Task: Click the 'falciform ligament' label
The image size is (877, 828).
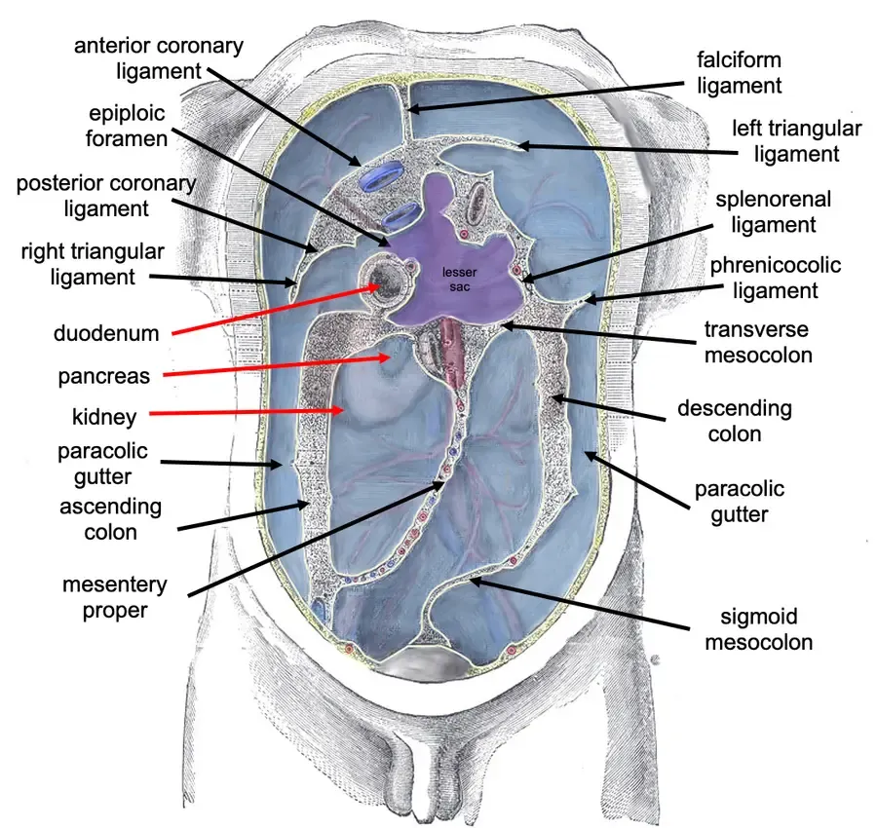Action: pos(739,73)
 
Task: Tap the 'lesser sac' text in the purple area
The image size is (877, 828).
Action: pos(459,279)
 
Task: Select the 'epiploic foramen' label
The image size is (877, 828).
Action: pos(127,126)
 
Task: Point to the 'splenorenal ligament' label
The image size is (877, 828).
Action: pos(774,211)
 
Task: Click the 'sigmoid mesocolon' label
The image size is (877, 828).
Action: pos(758,629)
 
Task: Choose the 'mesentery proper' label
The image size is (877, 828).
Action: pos(115,597)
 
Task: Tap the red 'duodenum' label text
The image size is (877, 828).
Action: pos(106,333)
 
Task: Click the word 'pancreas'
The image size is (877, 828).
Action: pos(104,376)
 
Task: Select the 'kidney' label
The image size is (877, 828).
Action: pos(104,417)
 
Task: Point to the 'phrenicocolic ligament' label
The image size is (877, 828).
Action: pos(776,278)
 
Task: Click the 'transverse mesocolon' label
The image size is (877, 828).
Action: pos(758,342)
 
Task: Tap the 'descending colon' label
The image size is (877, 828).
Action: pos(735,421)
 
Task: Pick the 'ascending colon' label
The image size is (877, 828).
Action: pos(111,519)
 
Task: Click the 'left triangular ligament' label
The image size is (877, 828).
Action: pos(796,141)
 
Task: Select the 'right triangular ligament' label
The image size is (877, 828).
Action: pos(93,264)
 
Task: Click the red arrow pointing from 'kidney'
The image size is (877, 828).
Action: pos(247,412)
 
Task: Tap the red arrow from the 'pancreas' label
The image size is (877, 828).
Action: pos(277,365)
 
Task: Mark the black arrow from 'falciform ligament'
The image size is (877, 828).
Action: pos(546,96)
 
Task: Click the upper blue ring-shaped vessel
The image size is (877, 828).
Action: pos(381,175)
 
